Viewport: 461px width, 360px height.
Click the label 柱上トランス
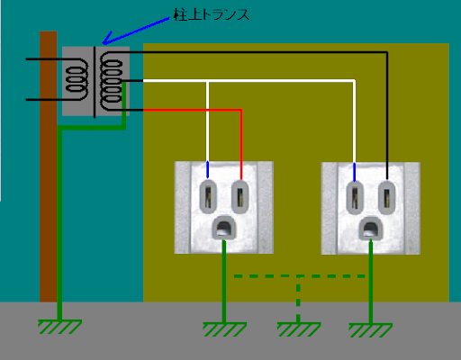(212, 14)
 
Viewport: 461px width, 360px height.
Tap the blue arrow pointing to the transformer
(136, 31)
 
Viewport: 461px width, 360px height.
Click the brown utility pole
(49, 166)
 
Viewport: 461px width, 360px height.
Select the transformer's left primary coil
(77, 79)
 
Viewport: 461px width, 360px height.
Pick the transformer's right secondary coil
(111, 81)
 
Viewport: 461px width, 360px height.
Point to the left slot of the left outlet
(208, 196)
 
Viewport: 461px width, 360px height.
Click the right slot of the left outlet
(240, 196)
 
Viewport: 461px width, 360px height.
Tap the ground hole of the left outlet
(224, 228)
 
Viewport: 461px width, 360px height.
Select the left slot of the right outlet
(355, 197)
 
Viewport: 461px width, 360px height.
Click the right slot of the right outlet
(386, 197)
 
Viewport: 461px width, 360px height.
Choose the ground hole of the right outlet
(371, 229)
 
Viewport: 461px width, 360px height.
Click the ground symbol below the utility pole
(59, 327)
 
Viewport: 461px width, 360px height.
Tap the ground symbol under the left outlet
(224, 329)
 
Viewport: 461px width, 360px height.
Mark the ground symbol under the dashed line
(299, 329)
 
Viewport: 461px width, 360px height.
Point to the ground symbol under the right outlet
(371, 330)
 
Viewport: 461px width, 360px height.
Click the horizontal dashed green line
(300, 276)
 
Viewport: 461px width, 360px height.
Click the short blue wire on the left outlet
(208, 170)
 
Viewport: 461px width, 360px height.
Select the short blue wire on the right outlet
(355, 172)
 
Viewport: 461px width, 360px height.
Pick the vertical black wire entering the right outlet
(387, 116)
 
